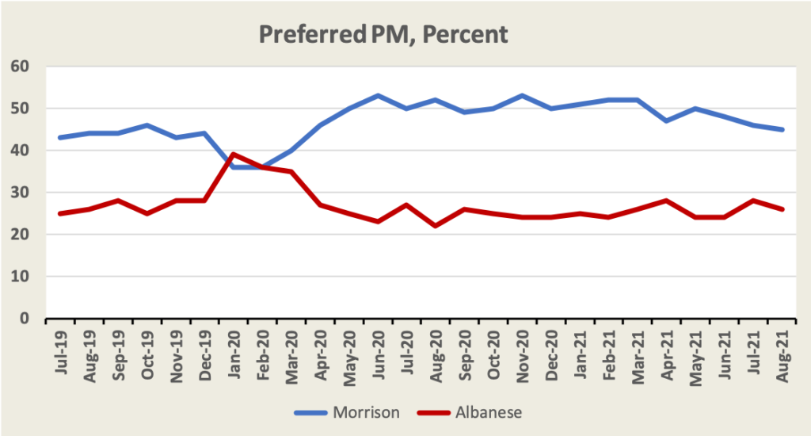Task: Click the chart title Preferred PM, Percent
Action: (x=383, y=35)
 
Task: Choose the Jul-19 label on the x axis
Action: (x=60, y=346)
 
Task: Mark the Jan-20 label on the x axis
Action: (x=234, y=346)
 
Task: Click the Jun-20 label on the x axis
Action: (x=379, y=346)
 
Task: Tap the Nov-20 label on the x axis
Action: (x=523, y=346)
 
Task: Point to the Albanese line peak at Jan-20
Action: (x=233, y=155)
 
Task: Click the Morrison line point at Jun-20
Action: (x=378, y=95)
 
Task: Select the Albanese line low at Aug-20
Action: (x=436, y=226)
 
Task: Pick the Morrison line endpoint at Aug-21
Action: (x=782, y=129)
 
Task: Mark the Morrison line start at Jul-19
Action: (x=60, y=138)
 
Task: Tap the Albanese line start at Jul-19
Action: (x=60, y=213)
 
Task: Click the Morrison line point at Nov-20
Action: (x=522, y=95)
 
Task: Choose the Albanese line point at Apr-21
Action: (x=667, y=201)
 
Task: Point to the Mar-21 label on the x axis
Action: (x=638, y=346)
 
